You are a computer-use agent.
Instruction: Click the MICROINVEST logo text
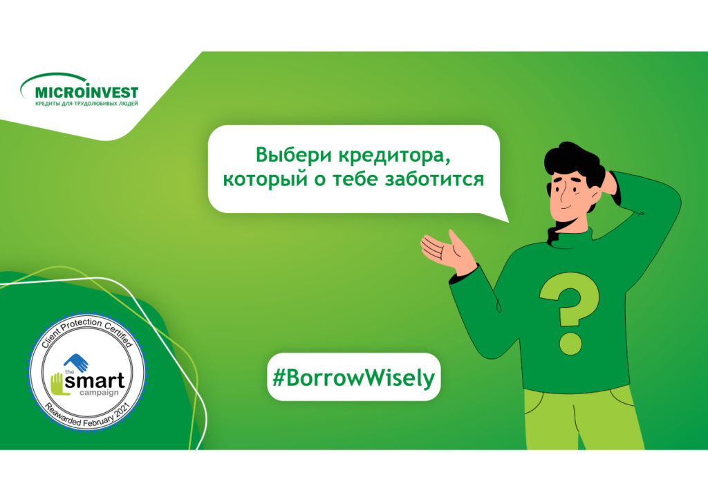point(86,92)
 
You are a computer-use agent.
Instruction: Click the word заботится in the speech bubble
point(434,179)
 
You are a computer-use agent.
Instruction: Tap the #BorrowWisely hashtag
point(353,378)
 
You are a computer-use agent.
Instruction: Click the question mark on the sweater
point(569,311)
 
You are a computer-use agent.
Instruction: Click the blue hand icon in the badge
point(76,362)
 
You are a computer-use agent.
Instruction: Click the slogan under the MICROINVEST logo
point(86,104)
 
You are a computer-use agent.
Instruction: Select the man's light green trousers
point(582,420)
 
